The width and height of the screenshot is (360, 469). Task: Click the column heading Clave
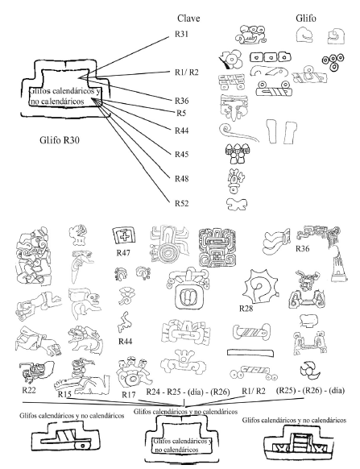pos(188,19)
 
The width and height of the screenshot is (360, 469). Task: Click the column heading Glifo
pos(305,19)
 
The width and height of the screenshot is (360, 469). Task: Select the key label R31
pos(181,34)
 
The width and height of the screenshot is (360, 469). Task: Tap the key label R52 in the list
pos(182,203)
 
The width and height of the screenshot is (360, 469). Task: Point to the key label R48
pos(182,179)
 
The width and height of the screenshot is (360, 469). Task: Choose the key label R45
pos(182,154)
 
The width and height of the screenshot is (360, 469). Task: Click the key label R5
pos(181,113)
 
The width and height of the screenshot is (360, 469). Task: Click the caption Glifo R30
pos(60,139)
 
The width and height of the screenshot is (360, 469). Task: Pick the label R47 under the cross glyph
pos(123,253)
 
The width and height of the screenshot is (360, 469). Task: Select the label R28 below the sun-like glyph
pos(246,308)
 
